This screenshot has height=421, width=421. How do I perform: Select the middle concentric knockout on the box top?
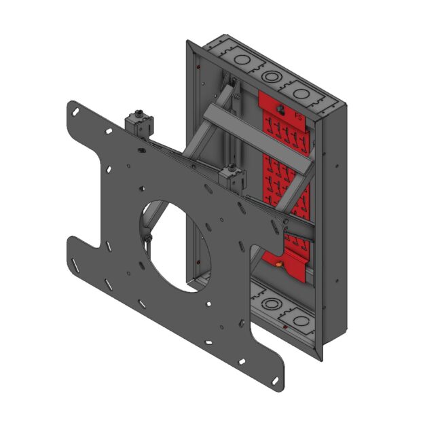pyautogui.click(x=270, y=75)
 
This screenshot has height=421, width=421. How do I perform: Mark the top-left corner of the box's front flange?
pyautogui.click(x=189, y=43)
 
